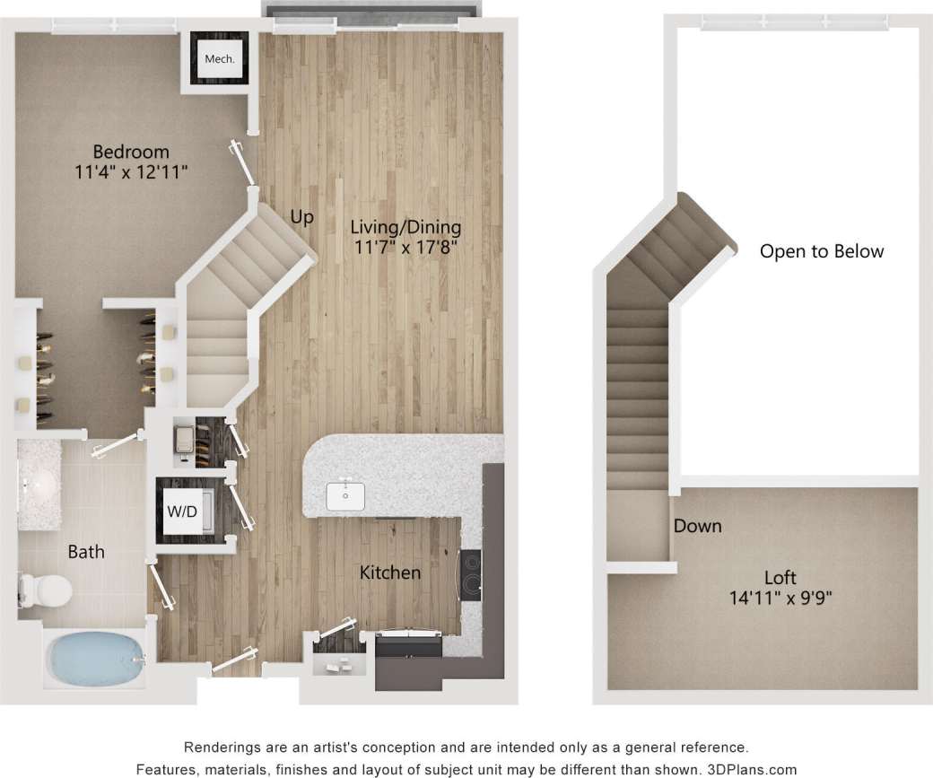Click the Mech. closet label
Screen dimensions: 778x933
point(220,59)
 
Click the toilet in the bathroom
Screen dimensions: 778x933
point(47,589)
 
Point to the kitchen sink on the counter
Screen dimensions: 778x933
point(345,494)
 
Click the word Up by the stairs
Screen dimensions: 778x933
point(302,217)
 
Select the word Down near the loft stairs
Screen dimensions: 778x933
point(697,526)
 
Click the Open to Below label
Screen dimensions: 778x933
point(822,251)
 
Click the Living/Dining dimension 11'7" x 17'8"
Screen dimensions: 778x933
point(405,247)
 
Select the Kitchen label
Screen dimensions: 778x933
point(390,572)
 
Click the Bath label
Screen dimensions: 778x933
point(86,552)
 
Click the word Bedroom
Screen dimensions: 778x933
point(131,151)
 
